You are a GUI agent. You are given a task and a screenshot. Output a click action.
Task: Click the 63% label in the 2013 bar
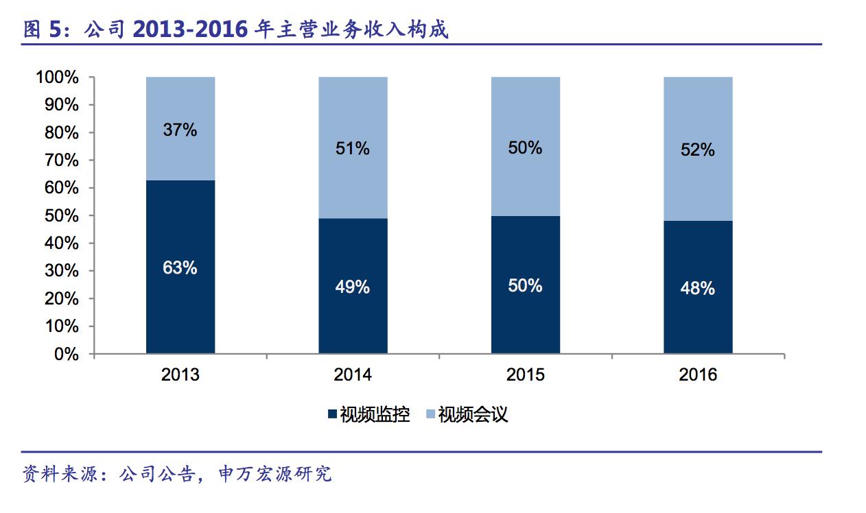click(x=180, y=267)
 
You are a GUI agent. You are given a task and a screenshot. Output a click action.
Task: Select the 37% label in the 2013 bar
click(x=180, y=129)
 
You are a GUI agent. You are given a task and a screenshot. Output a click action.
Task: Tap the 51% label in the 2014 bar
click(x=353, y=148)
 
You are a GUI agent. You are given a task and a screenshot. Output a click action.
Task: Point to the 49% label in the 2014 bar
click(x=353, y=287)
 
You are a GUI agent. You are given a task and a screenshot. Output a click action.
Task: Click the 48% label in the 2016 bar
click(x=698, y=289)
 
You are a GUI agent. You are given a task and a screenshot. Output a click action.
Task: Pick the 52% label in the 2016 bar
click(x=698, y=150)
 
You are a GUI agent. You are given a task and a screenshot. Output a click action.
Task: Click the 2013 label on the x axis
click(x=180, y=374)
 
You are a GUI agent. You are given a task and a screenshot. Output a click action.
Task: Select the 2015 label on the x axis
click(x=525, y=374)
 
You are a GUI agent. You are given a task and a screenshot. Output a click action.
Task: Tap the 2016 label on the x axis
click(x=698, y=374)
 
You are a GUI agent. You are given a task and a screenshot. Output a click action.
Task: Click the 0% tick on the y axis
click(x=67, y=354)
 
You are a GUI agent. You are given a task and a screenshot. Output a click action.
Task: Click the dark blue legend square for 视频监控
click(x=333, y=414)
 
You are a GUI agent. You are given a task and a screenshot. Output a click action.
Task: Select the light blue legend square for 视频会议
click(x=431, y=414)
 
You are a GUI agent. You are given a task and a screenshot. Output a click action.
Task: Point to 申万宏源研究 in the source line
click(x=274, y=474)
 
